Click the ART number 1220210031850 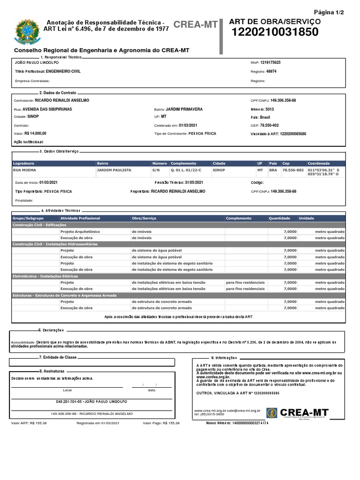[275, 32]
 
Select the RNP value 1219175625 [270, 62]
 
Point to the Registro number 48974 [271, 71]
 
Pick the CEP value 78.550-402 [270, 126]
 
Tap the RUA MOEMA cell [26, 170]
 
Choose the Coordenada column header [319, 163]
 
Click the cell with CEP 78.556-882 [293, 170]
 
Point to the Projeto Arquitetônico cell [80, 232]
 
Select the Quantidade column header [279, 218]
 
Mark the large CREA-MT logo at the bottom [298, 413]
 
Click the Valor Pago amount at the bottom [171, 423]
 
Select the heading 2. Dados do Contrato [58, 93]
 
